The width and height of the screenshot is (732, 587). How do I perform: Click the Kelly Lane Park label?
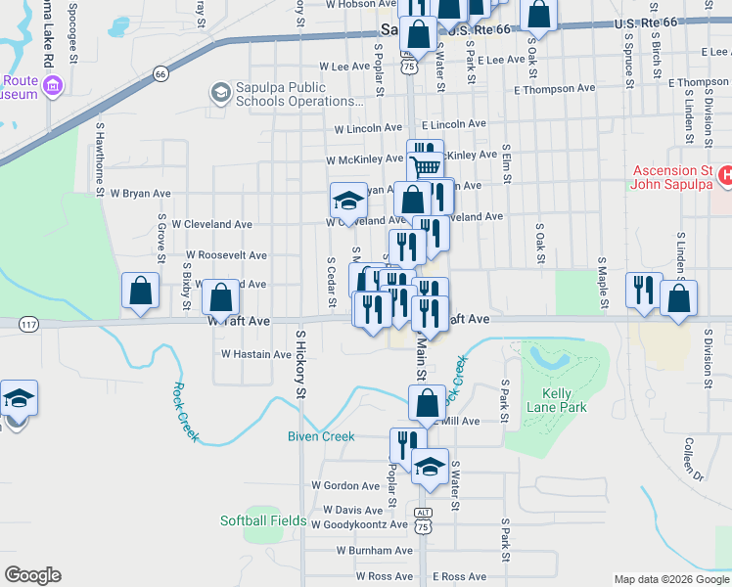(557, 400)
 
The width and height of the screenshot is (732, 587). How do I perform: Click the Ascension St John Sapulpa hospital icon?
(725, 176)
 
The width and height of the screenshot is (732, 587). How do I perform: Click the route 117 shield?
(29, 324)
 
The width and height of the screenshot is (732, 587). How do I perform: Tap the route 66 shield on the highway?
(160, 72)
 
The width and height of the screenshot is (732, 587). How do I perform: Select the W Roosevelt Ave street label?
(226, 255)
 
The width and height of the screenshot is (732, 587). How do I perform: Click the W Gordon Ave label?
(345, 485)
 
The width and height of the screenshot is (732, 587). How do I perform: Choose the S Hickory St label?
(300, 364)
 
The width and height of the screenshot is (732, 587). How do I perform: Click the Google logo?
(33, 575)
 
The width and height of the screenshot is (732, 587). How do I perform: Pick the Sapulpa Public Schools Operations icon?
(220, 93)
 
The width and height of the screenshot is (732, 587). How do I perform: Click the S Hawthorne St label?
(99, 158)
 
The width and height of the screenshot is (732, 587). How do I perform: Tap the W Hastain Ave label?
(256, 354)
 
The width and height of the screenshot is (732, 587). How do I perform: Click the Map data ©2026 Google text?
(670, 579)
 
